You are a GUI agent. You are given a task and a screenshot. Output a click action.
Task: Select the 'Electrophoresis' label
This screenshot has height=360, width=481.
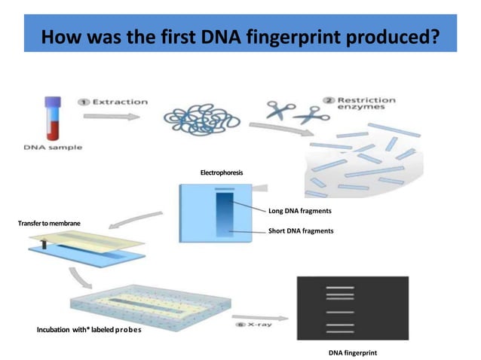[x=222, y=173]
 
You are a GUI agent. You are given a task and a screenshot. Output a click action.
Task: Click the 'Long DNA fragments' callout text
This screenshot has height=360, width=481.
[x=299, y=211]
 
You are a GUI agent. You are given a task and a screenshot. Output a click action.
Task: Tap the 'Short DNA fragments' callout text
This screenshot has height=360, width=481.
[x=300, y=231]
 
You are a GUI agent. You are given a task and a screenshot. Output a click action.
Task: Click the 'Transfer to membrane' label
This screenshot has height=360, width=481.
[x=49, y=224]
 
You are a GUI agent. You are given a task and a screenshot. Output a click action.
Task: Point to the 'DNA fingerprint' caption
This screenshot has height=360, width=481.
[x=352, y=352]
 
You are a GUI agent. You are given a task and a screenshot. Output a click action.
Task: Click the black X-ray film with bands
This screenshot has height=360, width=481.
[x=352, y=308]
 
